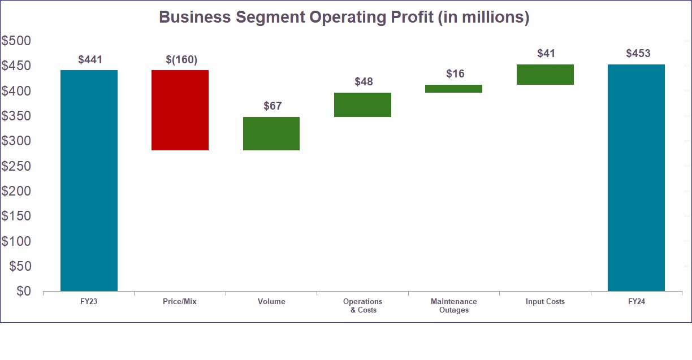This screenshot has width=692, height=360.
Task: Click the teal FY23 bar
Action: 89,180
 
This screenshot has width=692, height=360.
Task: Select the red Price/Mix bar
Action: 180,110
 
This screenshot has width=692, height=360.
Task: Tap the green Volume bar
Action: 271,134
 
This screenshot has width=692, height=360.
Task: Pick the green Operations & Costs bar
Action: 362,105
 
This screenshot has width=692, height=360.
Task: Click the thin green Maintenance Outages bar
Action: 453,89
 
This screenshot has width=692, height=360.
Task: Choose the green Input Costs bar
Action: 545,75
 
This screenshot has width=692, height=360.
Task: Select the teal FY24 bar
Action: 636,177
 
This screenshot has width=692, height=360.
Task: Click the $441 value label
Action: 90,59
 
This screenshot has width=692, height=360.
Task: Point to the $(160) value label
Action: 181,59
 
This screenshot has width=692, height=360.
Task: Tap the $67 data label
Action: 273,106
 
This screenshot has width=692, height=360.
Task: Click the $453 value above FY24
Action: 638,54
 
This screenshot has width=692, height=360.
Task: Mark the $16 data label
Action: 455,73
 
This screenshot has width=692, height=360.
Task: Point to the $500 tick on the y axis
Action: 16,41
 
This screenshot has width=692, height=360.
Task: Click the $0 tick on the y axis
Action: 23,291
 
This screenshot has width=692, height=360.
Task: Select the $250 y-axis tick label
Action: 16,166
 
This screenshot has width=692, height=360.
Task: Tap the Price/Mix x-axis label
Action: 180,302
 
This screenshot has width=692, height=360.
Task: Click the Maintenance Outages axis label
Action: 453,306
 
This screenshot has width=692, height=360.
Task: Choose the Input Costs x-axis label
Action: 545,302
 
